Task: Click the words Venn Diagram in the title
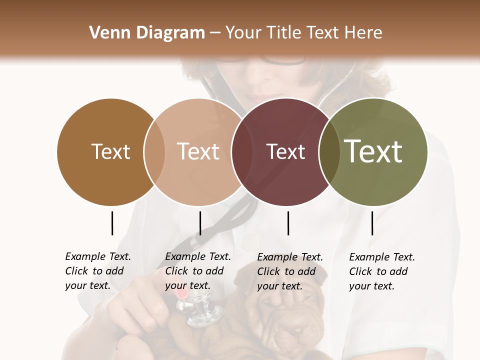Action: coord(147,33)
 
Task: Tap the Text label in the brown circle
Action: coord(110,151)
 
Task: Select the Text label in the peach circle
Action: coord(198,151)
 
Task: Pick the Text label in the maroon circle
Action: coord(285,151)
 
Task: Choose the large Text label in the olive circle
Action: coord(373,151)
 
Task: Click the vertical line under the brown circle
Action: coord(112,223)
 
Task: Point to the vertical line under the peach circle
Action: coord(200,223)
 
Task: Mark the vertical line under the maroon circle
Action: coord(288,223)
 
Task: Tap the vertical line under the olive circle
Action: coord(372,223)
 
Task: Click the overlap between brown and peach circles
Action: coord(154,151)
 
